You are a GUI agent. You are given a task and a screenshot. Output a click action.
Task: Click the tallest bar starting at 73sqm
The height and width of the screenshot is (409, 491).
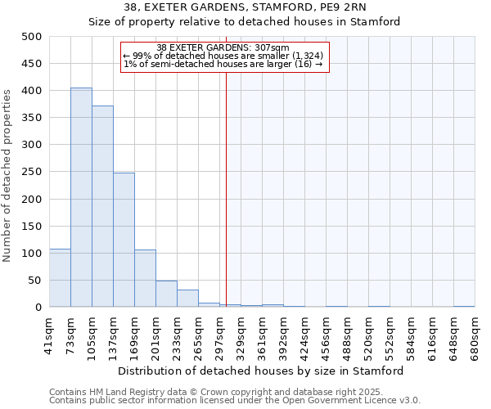point(81,197)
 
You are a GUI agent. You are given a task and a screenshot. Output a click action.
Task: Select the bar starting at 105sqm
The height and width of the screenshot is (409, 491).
point(102,206)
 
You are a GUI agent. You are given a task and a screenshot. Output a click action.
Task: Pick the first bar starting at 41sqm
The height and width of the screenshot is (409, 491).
point(60,278)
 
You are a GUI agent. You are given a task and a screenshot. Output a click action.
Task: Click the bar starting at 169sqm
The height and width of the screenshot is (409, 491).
point(145,278)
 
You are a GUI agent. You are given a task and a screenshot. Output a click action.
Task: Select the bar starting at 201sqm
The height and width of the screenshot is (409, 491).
point(166,294)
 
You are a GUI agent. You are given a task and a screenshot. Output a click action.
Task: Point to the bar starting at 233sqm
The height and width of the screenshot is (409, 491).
point(187,299)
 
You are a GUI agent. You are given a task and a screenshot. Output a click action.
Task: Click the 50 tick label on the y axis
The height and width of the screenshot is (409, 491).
point(34,281)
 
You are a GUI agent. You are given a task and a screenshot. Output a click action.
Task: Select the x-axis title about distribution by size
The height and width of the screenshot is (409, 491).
point(261,371)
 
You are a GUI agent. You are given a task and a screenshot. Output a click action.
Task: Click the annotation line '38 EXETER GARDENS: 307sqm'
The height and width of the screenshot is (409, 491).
point(223,47)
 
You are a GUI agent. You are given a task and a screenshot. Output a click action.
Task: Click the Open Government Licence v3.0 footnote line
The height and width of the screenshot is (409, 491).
point(235,401)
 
